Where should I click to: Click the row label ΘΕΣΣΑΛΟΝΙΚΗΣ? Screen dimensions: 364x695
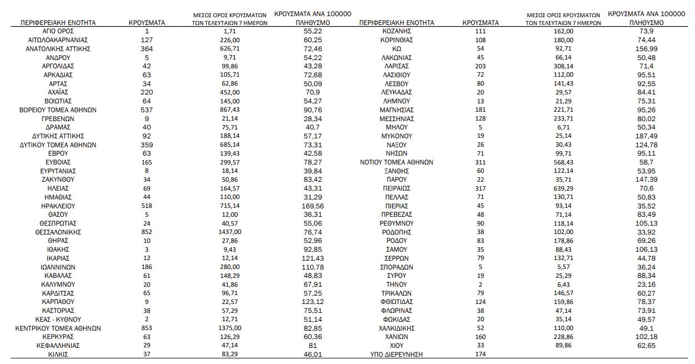pyautogui.click(x=58, y=232)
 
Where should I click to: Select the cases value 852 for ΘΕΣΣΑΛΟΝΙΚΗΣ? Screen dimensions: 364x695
pyautogui.click(x=147, y=232)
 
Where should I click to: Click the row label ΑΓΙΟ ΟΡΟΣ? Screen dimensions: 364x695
pyautogui.click(x=58, y=31)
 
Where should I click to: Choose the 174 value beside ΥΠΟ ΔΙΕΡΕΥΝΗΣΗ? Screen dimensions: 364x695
pyautogui.click(x=481, y=354)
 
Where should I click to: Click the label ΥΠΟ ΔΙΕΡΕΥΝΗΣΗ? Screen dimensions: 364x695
pyautogui.click(x=397, y=354)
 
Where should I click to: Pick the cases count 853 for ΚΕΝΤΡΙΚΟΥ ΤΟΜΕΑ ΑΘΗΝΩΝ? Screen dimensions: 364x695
pyautogui.click(x=147, y=328)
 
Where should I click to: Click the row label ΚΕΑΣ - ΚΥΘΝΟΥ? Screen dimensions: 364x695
pyautogui.click(x=58, y=320)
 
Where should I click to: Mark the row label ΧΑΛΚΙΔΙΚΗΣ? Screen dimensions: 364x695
pyautogui.click(x=397, y=328)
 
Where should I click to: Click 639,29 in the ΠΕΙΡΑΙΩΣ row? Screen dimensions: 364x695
pyautogui.click(x=563, y=188)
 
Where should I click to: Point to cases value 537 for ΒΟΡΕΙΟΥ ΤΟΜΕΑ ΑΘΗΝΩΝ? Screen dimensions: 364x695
pyautogui.click(x=147, y=109)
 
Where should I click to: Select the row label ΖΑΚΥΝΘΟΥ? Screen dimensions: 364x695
pyautogui.click(x=58, y=179)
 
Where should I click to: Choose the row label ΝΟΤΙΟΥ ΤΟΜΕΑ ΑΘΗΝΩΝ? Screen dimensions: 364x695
pyautogui.click(x=397, y=162)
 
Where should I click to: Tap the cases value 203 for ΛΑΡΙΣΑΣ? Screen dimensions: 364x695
pyautogui.click(x=481, y=66)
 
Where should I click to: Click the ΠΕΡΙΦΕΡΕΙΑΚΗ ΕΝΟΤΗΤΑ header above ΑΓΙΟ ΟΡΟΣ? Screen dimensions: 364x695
pyautogui.click(x=58, y=23)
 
